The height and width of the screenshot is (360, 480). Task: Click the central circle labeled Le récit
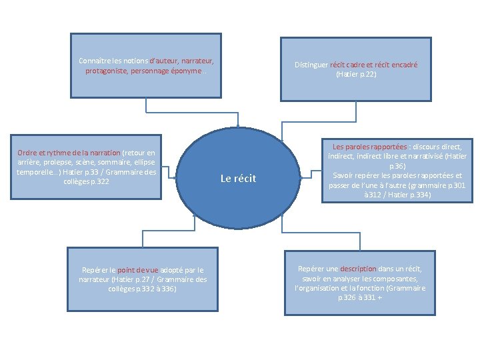coord(238,178)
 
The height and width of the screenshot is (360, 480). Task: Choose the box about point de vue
coord(143,279)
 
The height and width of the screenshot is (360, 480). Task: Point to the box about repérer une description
coord(360,283)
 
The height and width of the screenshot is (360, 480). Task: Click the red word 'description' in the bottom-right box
coord(359,269)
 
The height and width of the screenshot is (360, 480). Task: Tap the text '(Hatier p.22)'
coord(356,75)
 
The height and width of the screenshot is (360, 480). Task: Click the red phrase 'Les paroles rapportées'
coord(370,146)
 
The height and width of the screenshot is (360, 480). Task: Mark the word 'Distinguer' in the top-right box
coord(311,65)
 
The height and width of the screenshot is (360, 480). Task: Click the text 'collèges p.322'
coord(86,181)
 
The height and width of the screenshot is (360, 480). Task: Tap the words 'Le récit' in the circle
coord(238,179)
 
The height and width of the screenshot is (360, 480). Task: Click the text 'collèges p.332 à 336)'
coord(142,289)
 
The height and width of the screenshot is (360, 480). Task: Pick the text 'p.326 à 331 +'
coord(360,297)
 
